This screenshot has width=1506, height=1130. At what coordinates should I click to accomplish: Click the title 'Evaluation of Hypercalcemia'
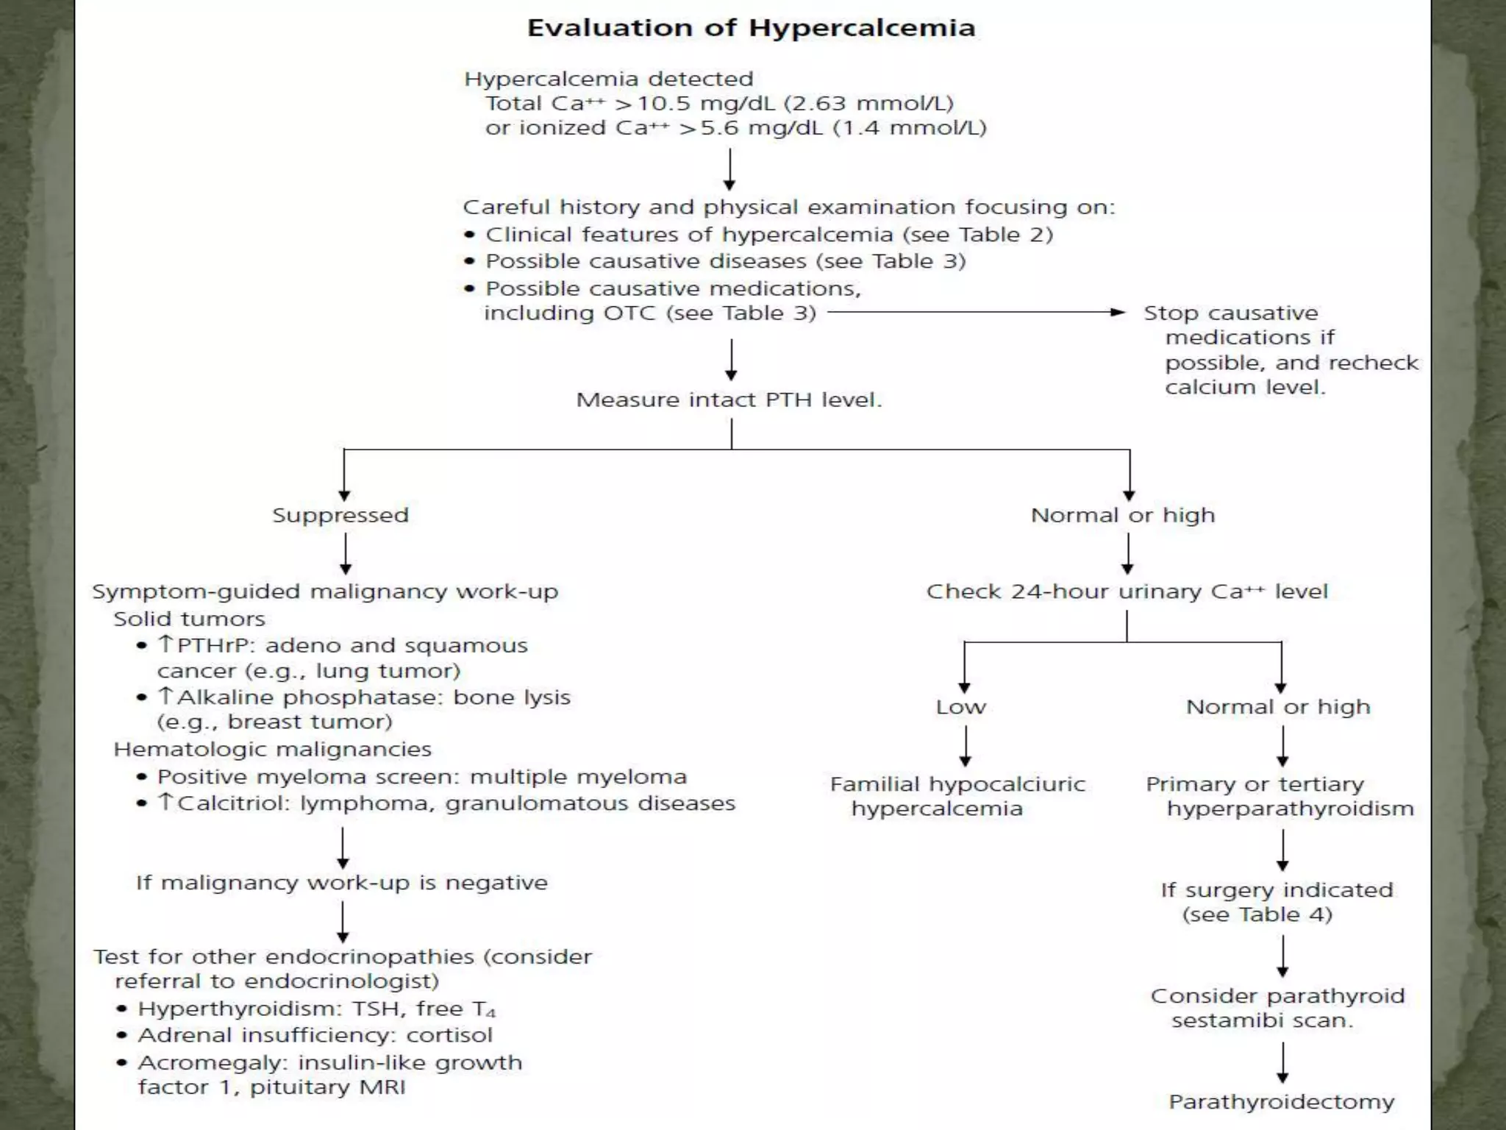[x=751, y=28]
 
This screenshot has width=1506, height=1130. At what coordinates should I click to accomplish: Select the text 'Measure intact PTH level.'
[x=729, y=400]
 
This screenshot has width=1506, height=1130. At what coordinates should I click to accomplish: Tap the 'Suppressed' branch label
[x=340, y=515]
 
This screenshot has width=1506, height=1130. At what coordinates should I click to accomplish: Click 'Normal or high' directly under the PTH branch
[x=1123, y=515]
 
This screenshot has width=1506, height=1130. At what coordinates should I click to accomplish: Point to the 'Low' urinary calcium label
[x=960, y=707]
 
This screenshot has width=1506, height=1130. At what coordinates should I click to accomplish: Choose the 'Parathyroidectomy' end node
[x=1281, y=1101]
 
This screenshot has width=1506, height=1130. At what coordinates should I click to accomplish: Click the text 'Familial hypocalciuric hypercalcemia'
[x=957, y=796]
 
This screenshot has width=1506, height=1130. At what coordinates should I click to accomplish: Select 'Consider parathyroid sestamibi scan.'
[x=1277, y=1008]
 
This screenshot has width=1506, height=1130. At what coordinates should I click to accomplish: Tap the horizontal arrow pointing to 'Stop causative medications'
[x=975, y=313]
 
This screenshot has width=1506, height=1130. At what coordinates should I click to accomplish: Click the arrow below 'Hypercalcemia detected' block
[x=729, y=169]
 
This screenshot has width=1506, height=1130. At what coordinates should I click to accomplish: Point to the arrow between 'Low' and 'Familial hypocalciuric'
[x=965, y=746]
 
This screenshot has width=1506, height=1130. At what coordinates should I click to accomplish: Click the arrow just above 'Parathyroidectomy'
[x=1282, y=1062]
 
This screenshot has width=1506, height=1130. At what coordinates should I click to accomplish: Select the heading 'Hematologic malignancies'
[x=272, y=750]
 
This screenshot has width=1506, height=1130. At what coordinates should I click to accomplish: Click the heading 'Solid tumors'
[x=189, y=619]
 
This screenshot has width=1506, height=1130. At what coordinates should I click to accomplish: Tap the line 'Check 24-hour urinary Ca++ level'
[x=1127, y=591]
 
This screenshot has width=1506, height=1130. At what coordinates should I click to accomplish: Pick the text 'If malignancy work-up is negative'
[x=342, y=883]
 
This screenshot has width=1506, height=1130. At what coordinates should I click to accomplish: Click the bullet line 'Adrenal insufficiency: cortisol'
[x=315, y=1035]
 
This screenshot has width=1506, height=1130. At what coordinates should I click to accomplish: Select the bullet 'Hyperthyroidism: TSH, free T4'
[x=316, y=1009]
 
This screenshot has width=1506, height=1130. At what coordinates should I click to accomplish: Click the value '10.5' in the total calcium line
[x=664, y=104]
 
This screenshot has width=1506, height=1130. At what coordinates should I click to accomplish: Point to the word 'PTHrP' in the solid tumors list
[x=214, y=646]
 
